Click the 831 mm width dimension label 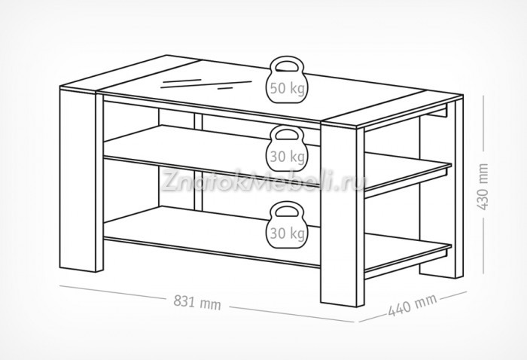click(x=197, y=303)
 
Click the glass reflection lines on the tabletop click(x=192, y=82)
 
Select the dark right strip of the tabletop click(x=395, y=110)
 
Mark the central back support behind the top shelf click(x=200, y=124)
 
